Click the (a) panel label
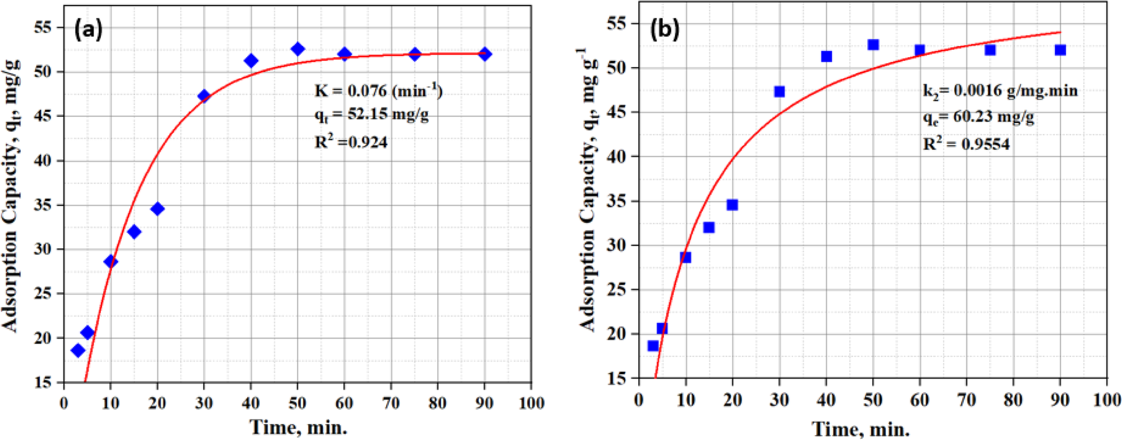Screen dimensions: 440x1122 coord(88,29)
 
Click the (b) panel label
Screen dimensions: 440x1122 coord(665,29)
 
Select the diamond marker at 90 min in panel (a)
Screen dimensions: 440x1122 coord(485,54)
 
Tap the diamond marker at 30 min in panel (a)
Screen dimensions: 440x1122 coord(204,96)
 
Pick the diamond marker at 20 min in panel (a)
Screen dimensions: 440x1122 coord(157,209)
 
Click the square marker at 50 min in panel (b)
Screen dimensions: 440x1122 coord(873,45)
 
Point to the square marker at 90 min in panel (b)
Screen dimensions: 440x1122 coord(1060,50)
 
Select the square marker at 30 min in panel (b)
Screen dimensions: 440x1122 coord(780,92)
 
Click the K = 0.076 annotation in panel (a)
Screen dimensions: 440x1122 coord(378,90)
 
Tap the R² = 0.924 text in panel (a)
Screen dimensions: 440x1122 coord(351,142)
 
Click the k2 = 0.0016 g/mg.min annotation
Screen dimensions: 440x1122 coord(1000,92)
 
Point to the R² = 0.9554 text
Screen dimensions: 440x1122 coord(966,144)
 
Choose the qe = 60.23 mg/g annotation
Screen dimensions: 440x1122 coord(978,117)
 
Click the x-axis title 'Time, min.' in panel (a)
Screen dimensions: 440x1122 coord(298,426)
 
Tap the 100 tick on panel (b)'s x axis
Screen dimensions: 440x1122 coord(1107,400)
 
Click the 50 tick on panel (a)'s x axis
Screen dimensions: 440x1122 coord(298,403)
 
